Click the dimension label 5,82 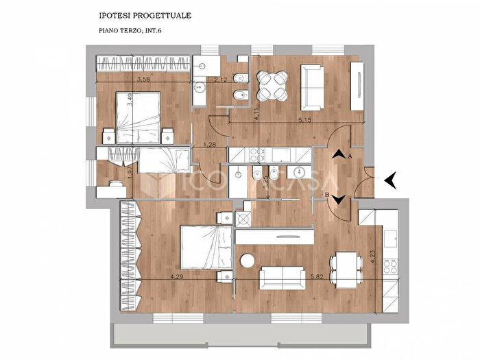click(x=317, y=278)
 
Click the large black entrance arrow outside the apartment click(x=392, y=180)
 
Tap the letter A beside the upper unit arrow click(x=350, y=157)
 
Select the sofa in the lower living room click(x=282, y=278)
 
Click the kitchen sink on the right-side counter click(x=392, y=239)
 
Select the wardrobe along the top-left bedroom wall click(x=143, y=66)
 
